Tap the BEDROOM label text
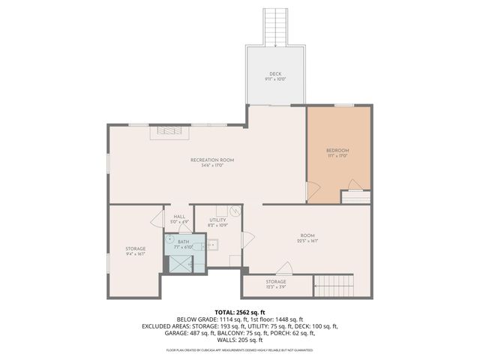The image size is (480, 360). [338, 150]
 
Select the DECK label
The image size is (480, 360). [275, 73]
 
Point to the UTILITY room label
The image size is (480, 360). [207, 220]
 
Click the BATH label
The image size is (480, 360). [183, 241]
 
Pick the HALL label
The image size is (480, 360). [179, 216]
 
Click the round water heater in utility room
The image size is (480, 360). [234, 211]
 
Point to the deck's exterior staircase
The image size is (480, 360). [275, 26]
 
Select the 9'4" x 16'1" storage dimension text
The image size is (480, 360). [135, 253]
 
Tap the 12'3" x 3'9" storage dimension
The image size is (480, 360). [275, 286]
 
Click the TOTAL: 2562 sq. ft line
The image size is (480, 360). [240, 311]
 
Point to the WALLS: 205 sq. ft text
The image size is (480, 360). [240, 340]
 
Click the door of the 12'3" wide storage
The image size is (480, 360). [283, 268]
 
